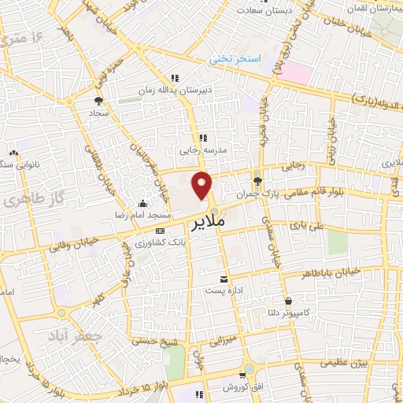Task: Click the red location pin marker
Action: click(x=202, y=185)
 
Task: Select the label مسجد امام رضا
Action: click(x=141, y=215)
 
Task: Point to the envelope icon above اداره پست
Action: click(x=224, y=279)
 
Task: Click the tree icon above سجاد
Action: click(x=98, y=101)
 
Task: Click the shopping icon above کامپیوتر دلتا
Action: click(x=289, y=301)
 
